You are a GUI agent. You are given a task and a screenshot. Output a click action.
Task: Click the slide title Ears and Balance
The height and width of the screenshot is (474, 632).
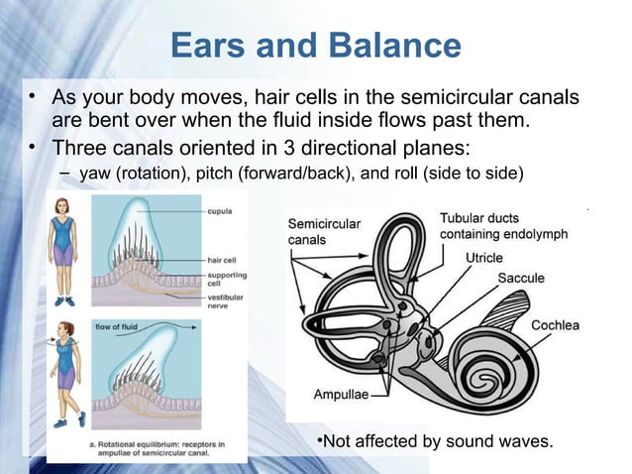[315, 46]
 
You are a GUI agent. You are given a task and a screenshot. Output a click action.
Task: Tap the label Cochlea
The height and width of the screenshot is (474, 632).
[555, 325]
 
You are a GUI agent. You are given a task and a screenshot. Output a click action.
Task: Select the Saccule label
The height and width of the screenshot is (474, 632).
[520, 279]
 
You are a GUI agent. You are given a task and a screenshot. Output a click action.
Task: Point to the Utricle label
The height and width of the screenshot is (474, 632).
[484, 258]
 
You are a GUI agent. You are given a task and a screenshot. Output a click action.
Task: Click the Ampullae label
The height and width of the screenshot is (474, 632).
[341, 394]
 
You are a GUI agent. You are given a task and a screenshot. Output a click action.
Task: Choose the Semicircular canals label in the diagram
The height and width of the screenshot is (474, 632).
[324, 232]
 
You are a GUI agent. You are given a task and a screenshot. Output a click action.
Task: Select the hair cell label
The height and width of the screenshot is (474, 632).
[222, 261]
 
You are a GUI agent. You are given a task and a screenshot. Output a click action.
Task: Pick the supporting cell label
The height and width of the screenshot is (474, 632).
[227, 280]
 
